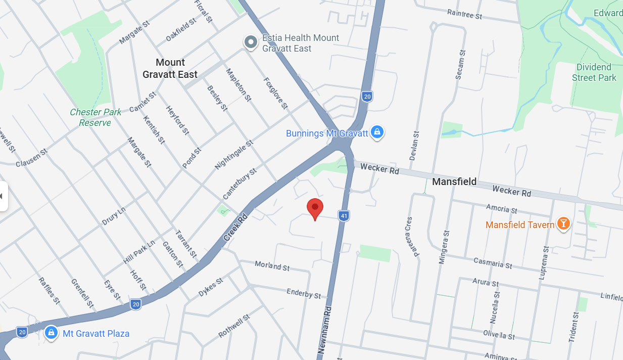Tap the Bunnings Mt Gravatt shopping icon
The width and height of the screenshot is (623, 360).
coord(376,132)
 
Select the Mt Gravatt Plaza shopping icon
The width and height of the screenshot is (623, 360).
coord(51,333)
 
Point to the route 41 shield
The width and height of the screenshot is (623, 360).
coord(344,216)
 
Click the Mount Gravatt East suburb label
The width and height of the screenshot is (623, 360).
coord(170,68)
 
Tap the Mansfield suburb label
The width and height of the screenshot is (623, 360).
coord(454,182)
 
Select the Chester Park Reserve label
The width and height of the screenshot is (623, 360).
coord(95,117)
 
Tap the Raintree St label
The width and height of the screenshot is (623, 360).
coord(464,15)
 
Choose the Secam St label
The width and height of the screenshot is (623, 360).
coord(459,65)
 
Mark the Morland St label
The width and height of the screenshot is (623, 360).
coord(272,265)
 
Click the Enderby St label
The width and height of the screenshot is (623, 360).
coord(303,293)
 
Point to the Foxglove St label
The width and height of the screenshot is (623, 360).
coord(275,93)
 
